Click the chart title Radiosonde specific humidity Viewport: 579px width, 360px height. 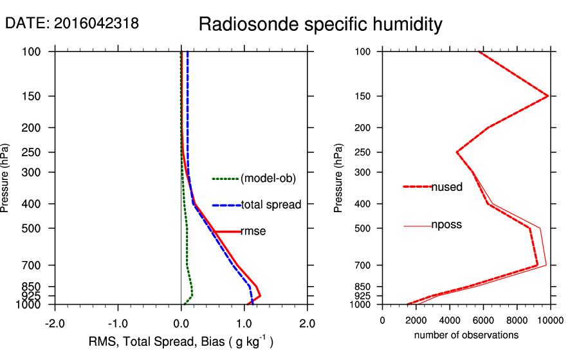coord(320,24)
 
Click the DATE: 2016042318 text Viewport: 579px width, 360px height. coord(72,24)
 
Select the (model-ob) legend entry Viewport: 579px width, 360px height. coord(268,179)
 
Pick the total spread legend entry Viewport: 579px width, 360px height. coord(271,205)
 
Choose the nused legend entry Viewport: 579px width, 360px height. coord(446,187)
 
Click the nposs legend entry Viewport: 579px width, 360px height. coord(446,225)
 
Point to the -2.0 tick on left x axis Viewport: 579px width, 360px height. coord(55,323)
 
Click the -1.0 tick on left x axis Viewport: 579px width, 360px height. coord(118,323)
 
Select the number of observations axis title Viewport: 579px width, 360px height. coord(466,335)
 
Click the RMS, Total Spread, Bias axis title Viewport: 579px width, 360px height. coord(181,343)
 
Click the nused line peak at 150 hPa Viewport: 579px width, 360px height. coord(547,96)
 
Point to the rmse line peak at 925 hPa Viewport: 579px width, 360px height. coord(260,295)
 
